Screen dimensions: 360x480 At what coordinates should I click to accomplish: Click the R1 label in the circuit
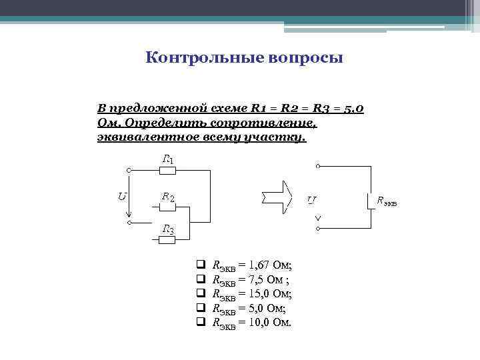169,160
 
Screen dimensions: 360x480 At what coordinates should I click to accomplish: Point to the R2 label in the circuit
168,197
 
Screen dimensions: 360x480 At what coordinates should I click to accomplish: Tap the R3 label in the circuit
169,231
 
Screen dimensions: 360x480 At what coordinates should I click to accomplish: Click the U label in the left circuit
122,196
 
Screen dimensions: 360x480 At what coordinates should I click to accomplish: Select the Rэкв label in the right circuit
387,200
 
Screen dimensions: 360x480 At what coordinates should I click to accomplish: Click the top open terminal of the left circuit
129,171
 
